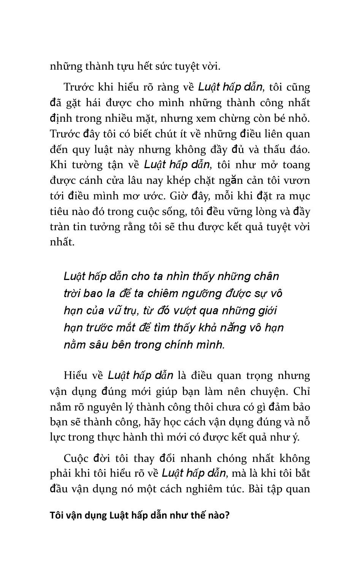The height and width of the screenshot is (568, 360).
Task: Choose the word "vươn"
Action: (297, 181)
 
